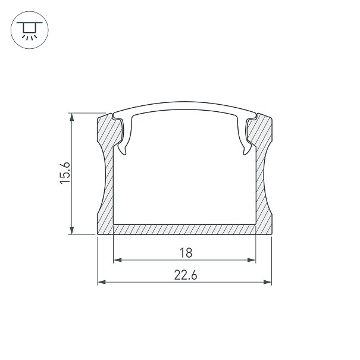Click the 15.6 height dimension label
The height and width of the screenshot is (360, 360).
click(65, 173)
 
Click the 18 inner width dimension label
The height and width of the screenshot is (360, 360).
click(186, 253)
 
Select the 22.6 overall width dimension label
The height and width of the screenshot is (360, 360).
click(186, 275)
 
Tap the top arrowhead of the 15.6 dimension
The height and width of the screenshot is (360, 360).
click(72, 117)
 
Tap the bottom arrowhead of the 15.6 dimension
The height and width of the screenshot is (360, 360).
click(72, 230)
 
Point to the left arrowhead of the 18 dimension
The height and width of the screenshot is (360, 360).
click(118, 260)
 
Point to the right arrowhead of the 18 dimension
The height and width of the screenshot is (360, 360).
click(252, 260)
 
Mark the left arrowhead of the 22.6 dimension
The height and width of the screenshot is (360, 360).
click(102, 282)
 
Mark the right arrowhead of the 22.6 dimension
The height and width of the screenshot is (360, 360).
click(268, 282)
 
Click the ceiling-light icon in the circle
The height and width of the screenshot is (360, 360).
click(29, 30)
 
